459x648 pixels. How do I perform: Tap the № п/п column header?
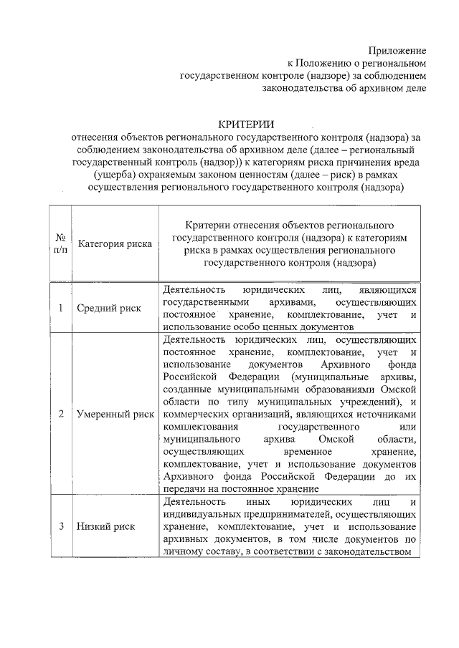[61, 243]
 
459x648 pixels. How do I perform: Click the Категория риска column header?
[115, 243]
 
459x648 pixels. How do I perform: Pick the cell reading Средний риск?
[110, 308]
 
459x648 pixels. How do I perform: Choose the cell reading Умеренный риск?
[115, 414]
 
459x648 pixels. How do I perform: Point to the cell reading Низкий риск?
[107, 526]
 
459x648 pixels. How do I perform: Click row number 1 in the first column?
[61, 308]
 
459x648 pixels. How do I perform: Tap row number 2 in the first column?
[61, 414]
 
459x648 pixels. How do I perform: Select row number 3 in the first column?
[61, 526]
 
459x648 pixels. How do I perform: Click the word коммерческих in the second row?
[198, 414]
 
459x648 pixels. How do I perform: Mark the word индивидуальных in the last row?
[197, 514]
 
